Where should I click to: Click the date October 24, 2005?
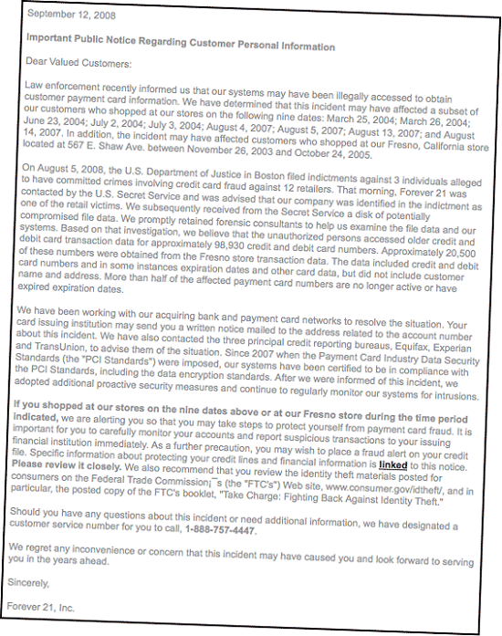[319, 151]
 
